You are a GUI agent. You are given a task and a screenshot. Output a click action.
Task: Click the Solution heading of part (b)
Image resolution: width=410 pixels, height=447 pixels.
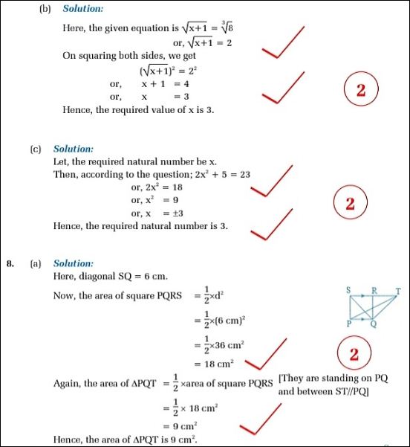pyautogui.click(x=82, y=9)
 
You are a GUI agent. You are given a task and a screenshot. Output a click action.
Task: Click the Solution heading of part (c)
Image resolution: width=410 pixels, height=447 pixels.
pyautogui.click(x=73, y=149)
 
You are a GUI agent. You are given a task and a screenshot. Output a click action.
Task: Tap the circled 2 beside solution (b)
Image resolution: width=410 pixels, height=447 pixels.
pyautogui.click(x=361, y=92)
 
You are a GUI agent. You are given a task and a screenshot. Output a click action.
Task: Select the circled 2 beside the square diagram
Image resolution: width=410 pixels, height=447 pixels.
pyautogui.click(x=354, y=354)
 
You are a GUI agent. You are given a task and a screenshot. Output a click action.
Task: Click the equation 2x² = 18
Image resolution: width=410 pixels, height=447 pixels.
pyautogui.click(x=152, y=187)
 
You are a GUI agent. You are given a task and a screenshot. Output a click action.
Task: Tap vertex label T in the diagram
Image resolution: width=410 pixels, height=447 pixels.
pyautogui.click(x=398, y=292)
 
